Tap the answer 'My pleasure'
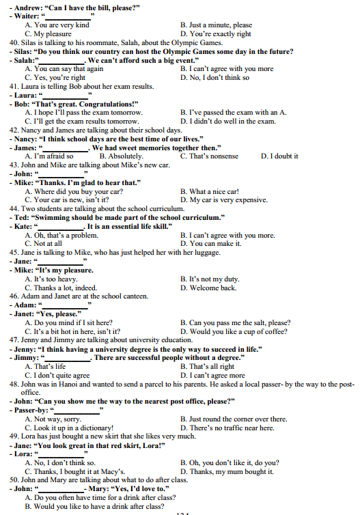[x=51, y=33]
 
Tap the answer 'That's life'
[x=50, y=367]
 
